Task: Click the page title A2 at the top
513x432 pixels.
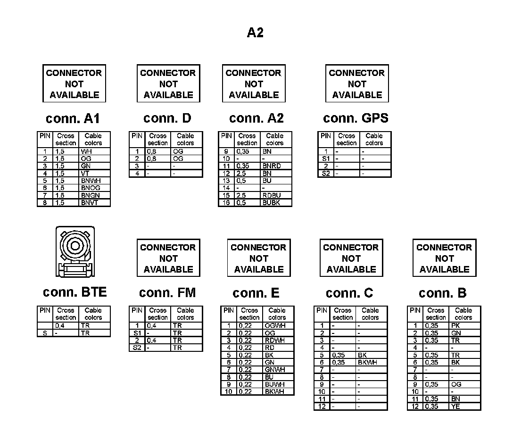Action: click(255, 33)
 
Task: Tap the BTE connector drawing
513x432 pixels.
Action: click(74, 252)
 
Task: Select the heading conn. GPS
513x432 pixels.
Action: click(356, 118)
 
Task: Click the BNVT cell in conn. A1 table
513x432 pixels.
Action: click(90, 203)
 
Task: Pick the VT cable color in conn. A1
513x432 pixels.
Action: click(85, 173)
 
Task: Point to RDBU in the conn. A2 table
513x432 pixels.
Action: click(271, 195)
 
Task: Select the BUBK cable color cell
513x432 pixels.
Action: click(271, 203)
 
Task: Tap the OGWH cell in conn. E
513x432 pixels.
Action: click(274, 325)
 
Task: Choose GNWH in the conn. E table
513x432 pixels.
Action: click(274, 369)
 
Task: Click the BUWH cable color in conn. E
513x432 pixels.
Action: click(274, 384)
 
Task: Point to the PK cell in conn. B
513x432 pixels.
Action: click(455, 325)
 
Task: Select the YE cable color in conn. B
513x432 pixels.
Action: click(455, 406)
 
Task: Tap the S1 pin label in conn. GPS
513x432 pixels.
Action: click(325, 159)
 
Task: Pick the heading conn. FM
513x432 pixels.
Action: click(167, 293)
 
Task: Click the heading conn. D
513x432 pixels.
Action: click(167, 118)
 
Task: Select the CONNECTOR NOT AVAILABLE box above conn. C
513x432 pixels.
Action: click(351, 258)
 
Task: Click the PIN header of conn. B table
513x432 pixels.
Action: click(415, 310)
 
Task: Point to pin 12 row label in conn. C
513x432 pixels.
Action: click(322, 406)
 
